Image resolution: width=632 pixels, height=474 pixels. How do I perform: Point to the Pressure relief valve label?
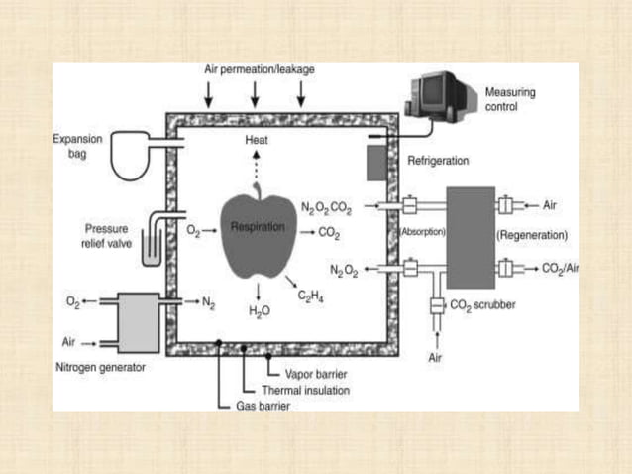point(105,235)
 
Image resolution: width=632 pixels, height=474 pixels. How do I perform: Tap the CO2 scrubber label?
point(482,306)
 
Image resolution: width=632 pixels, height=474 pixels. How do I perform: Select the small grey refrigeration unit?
point(376,163)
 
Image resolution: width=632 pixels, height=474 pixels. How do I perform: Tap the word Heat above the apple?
point(257,141)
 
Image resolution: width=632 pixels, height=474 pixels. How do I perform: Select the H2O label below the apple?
point(259,310)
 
